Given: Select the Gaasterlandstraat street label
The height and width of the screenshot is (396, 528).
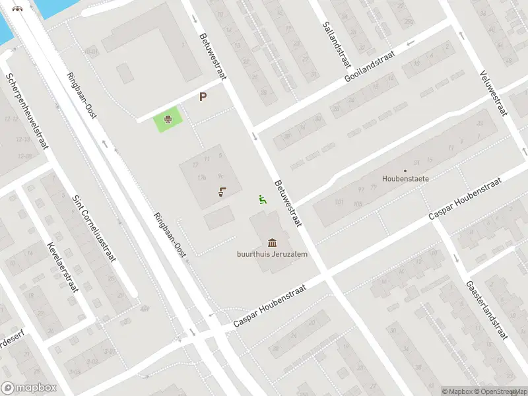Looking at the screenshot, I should click(486, 309).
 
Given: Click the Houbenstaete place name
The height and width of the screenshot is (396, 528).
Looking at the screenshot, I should click(405, 178).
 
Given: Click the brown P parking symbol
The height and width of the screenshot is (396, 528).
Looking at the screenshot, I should click(203, 97).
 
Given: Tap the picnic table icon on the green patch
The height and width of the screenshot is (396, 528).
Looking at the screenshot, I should click(168, 119).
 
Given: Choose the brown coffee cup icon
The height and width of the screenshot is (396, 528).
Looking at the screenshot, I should click(222, 193).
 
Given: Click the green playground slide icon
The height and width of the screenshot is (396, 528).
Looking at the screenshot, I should click(262, 199).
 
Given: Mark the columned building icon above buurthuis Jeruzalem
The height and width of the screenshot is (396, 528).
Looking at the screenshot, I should click(273, 243).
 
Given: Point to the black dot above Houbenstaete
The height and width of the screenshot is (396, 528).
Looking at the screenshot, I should click(405, 171).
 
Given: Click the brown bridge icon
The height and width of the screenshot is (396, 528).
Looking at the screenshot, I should click(16, 9).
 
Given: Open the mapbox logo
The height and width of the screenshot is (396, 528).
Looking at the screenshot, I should click(29, 388).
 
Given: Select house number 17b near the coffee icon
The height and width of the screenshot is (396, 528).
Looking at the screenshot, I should click(201, 177).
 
